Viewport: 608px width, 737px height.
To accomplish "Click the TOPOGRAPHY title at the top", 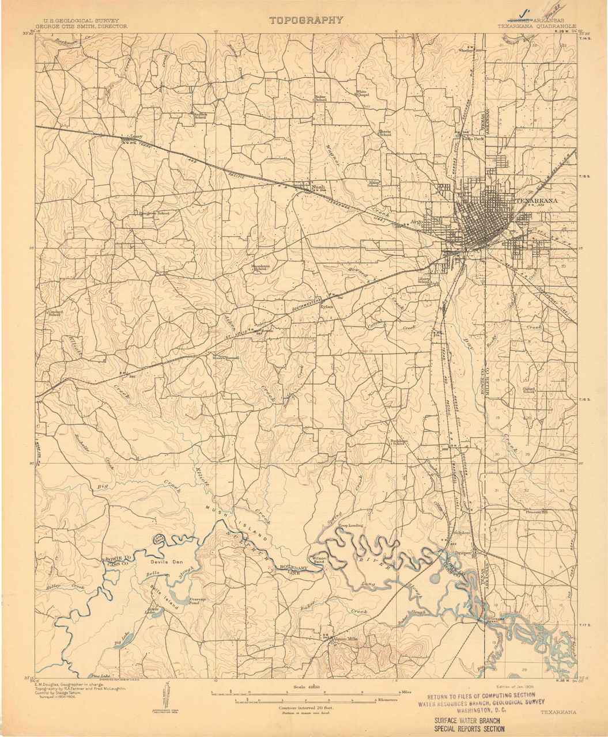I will [306, 20].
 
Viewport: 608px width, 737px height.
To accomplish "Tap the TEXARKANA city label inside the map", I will [529, 200].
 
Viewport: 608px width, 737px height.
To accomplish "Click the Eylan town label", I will [327, 307].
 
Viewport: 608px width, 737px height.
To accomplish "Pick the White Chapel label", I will [361, 93].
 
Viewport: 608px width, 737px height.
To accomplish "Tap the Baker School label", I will [320, 98].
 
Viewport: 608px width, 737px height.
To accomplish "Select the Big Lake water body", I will [122, 638].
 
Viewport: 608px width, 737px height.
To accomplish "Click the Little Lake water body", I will [152, 610].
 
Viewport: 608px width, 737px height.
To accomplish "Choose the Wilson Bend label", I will [319, 560].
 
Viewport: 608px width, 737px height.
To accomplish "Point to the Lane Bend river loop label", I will [158, 539].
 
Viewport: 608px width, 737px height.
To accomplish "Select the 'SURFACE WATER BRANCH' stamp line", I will [467, 720].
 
